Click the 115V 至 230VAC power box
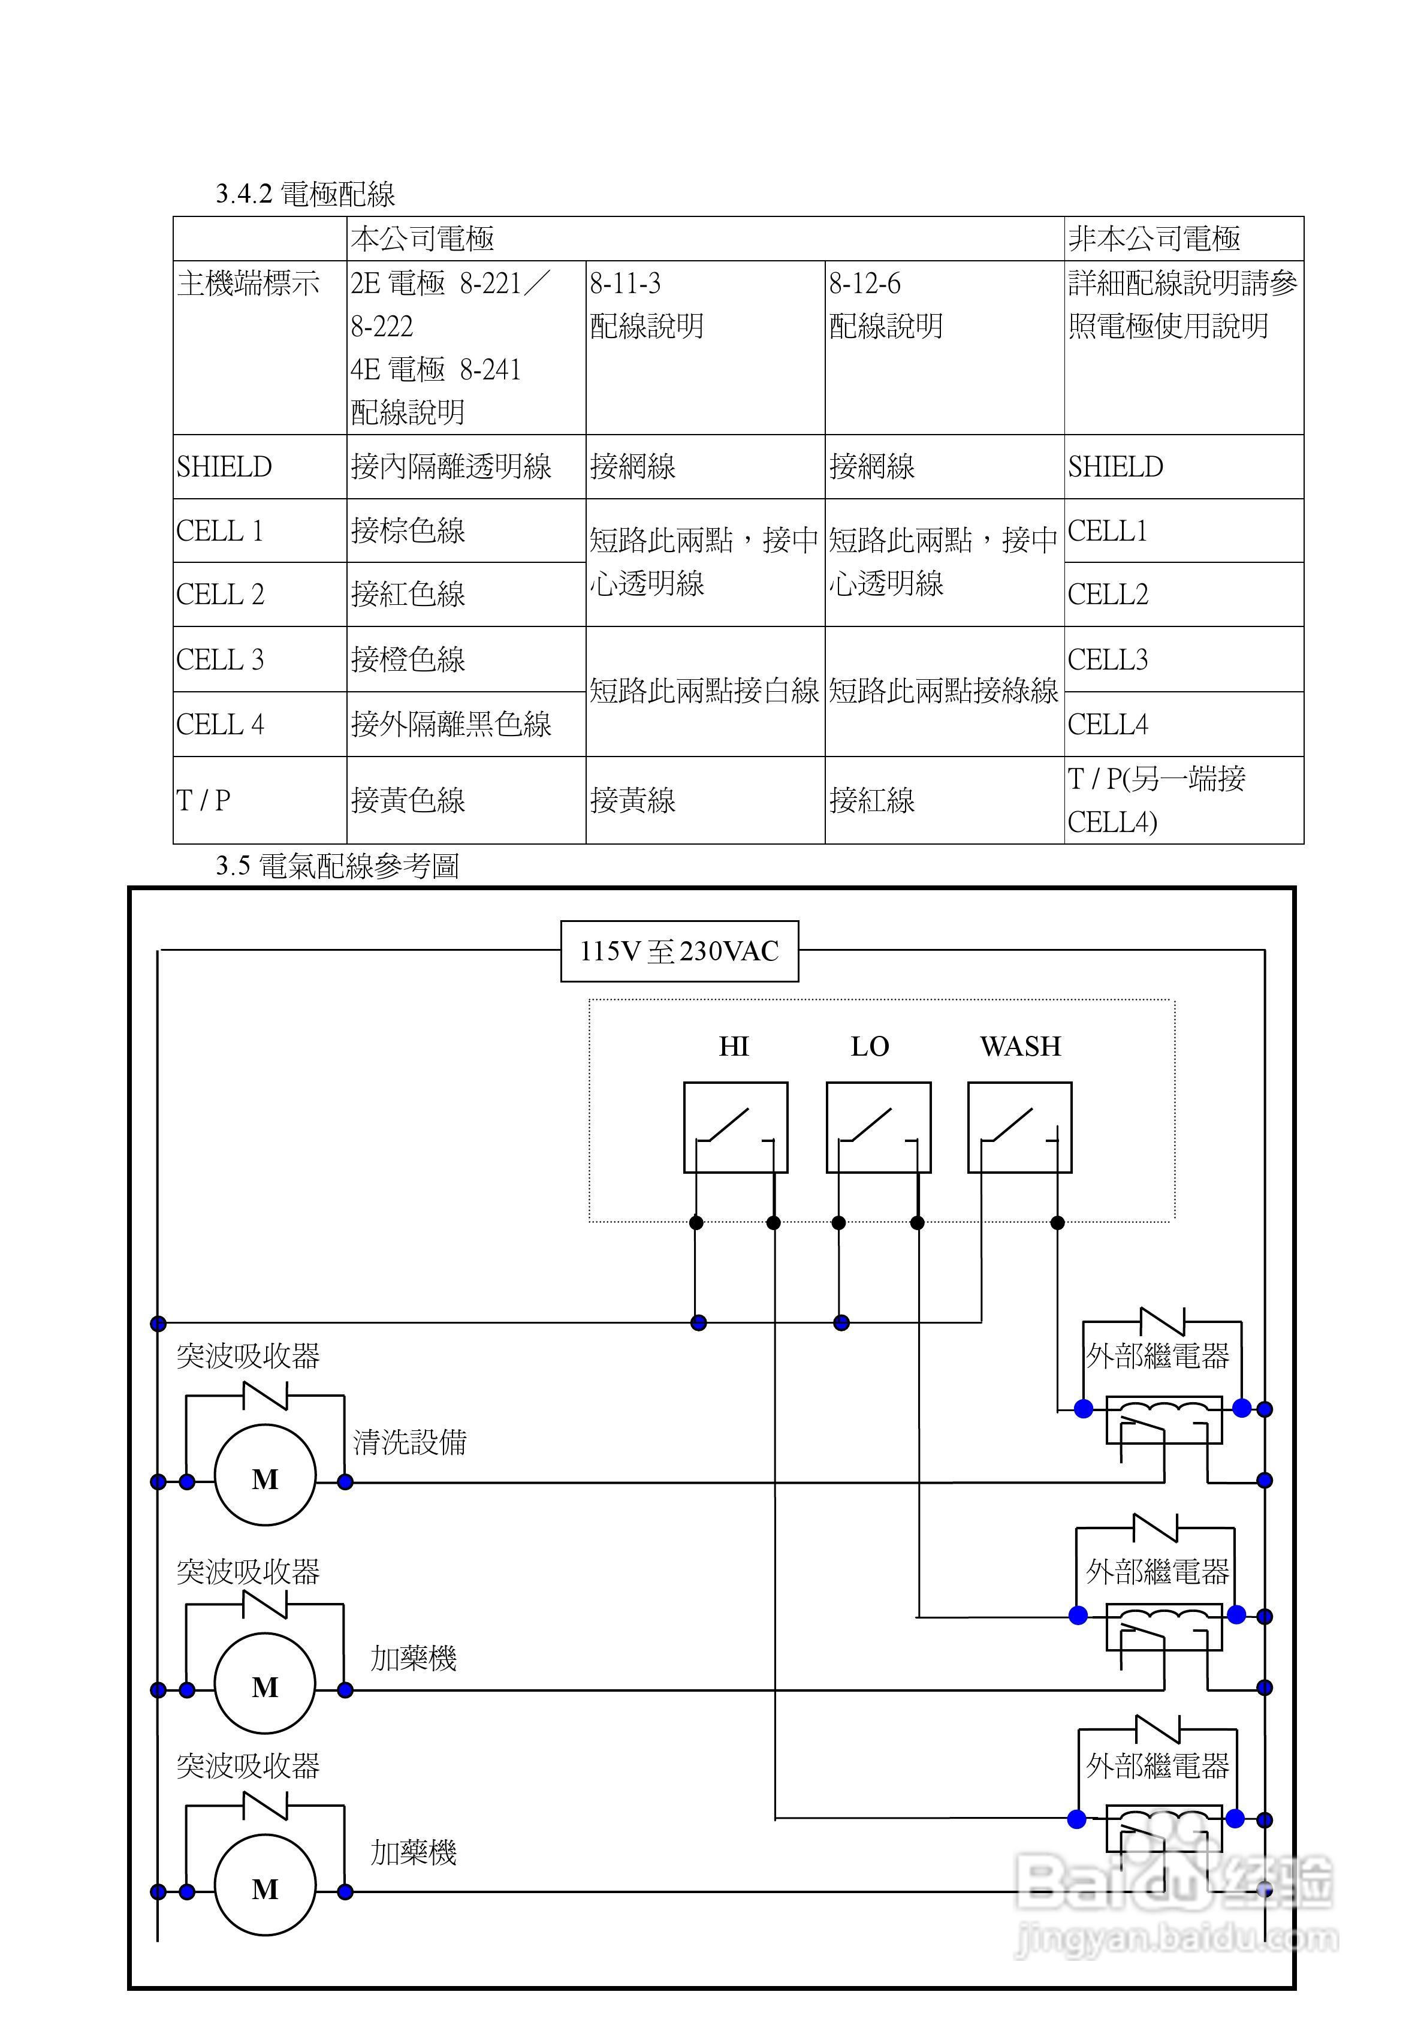[679, 951]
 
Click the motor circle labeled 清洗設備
[265, 1481]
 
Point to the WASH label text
[1020, 1047]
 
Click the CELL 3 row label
[220, 659]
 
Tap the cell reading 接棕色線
[408, 531]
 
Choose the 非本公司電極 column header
[1154, 239]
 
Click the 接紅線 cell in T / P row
[871, 801]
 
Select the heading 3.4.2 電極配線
[305, 194]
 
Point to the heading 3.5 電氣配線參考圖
[337, 866]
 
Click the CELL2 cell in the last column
[1108, 595]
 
